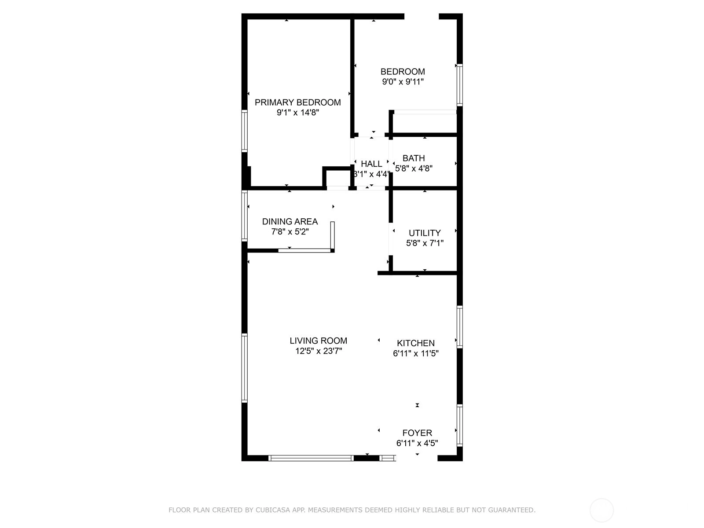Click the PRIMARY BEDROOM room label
pos(297,102)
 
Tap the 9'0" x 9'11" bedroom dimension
pos(403,82)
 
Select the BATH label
pos(414,158)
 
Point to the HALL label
pos(371,164)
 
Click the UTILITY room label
pos(425,233)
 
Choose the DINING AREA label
pos(290,221)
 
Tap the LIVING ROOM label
pos(318,341)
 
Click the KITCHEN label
pos(416,343)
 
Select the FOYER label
pos(417,433)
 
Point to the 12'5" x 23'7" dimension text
pos(319,351)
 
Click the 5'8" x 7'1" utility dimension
pos(425,243)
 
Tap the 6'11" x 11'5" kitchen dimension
pos(416,353)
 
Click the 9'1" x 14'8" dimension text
pos(297,113)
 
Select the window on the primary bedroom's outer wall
pos(244,131)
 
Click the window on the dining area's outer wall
pos(244,216)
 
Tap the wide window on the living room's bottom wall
pos(311,458)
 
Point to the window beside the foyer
pos(460,425)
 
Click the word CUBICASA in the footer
pos(271,510)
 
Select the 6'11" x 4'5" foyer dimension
pos(417,443)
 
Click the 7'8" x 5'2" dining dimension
pos(290,231)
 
